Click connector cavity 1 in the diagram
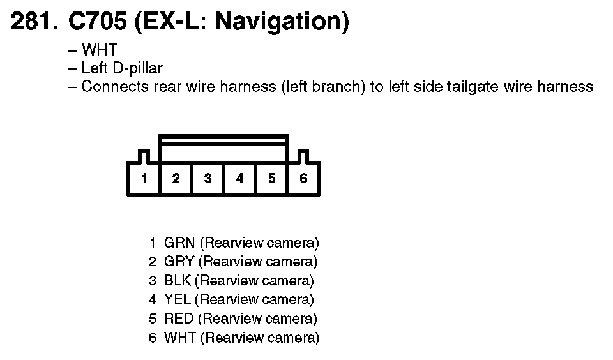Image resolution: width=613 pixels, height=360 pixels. [x=144, y=178]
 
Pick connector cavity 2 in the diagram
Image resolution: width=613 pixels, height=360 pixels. [x=176, y=178]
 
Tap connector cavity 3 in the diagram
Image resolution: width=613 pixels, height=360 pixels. [x=208, y=178]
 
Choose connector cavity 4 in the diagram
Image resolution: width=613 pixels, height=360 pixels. [x=239, y=178]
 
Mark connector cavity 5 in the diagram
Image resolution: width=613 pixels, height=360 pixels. [x=271, y=178]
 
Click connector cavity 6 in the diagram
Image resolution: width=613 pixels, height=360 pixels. [x=303, y=178]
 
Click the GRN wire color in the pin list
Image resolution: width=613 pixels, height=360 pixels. [x=179, y=243]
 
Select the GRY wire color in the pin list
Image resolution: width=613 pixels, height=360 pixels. [x=179, y=262]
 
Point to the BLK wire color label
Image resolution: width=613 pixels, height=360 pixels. [x=177, y=281]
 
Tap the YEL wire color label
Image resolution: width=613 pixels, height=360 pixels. [x=177, y=300]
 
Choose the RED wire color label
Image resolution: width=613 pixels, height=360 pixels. [x=178, y=319]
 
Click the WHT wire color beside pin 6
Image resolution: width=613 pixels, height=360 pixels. [x=179, y=338]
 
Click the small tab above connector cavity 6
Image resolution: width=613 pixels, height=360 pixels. [x=303, y=156]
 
